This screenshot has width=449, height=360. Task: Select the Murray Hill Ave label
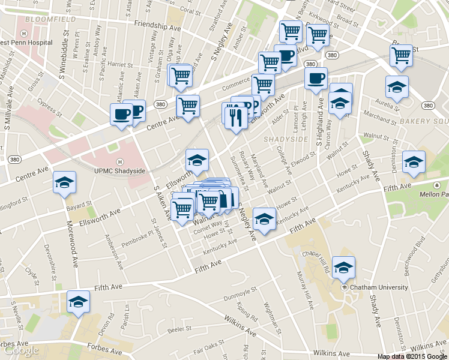click(305, 293)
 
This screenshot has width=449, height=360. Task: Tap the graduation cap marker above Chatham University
click(344, 268)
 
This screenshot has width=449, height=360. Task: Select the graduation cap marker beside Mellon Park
click(413, 163)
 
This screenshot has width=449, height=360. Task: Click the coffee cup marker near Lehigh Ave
click(316, 79)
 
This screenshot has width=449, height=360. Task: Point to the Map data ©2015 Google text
click(412, 356)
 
